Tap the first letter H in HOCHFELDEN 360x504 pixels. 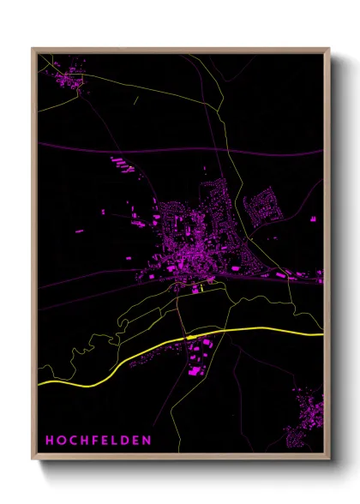pyautogui.click(x=50, y=441)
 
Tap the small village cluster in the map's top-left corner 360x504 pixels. pyautogui.click(x=67, y=80)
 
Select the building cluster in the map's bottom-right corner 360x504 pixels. pyautogui.click(x=307, y=416)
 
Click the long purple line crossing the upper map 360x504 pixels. pyautogui.click(x=171, y=152)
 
